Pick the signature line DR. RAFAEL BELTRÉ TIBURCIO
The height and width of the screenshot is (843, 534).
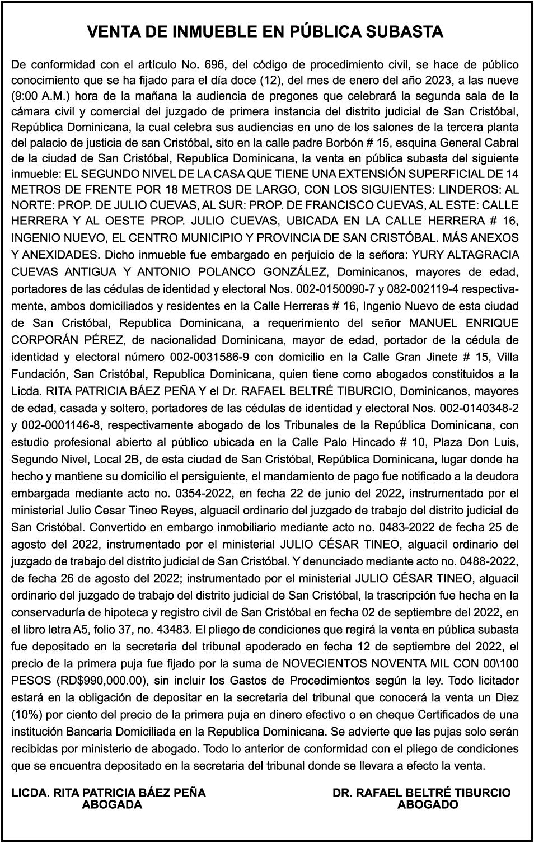pos(421,793)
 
